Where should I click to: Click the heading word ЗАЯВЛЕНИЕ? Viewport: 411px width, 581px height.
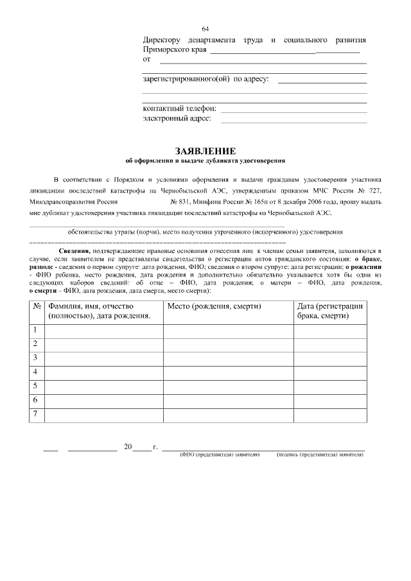(x=205, y=150)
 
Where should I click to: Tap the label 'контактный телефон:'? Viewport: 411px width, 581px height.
(x=179, y=108)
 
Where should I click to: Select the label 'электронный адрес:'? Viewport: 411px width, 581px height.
(x=177, y=118)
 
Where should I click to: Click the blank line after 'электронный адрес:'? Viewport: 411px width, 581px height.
(x=293, y=121)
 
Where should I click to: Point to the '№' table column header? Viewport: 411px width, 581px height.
(x=37, y=306)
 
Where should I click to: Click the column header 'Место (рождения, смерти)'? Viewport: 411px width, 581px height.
(x=214, y=306)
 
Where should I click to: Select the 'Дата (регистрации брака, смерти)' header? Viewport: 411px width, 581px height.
(x=330, y=311)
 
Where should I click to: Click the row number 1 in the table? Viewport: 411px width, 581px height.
(x=35, y=330)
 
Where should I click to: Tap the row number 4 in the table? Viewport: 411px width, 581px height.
(x=35, y=372)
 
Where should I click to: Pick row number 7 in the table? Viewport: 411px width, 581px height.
(x=35, y=413)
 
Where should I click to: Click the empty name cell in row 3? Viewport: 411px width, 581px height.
(x=103, y=358)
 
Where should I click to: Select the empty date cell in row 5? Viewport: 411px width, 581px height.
(x=330, y=386)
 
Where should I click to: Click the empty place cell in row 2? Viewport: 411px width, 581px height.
(x=228, y=344)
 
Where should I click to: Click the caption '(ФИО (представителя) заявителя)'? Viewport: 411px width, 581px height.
(x=219, y=455)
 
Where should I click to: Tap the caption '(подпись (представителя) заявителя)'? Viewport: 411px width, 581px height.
(x=320, y=455)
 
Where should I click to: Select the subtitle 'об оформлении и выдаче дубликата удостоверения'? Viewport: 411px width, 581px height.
(x=205, y=160)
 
